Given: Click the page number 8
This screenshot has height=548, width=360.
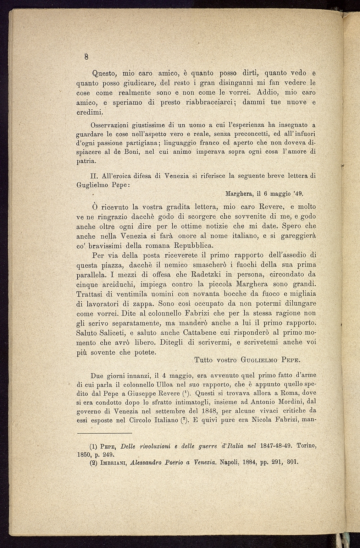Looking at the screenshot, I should (x=86, y=56).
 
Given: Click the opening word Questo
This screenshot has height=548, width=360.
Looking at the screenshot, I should (x=104, y=74).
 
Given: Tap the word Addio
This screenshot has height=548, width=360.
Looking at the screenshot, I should (x=268, y=93).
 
